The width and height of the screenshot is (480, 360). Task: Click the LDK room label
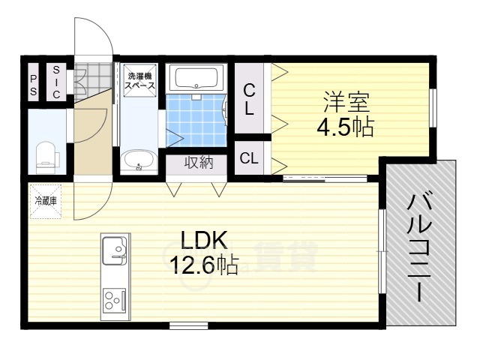point(204,240)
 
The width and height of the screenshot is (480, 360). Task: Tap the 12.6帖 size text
point(204,265)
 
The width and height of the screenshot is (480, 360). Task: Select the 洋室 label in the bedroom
point(346,102)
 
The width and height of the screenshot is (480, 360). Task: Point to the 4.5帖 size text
point(345,127)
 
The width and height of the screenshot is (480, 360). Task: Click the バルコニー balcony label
point(419,246)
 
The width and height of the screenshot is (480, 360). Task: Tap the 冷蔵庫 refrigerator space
point(46,201)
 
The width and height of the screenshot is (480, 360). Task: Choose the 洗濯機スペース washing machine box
point(139,80)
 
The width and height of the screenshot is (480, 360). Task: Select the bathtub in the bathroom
point(196,78)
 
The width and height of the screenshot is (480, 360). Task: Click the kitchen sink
point(114,250)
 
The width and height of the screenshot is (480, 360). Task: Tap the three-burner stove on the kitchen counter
point(114,300)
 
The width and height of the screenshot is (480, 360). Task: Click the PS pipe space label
point(33,85)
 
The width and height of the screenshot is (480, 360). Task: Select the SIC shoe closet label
point(56,82)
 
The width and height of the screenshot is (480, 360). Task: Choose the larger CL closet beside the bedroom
point(249,98)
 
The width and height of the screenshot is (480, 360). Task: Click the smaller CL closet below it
point(249,158)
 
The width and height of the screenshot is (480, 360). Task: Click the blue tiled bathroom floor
point(196,120)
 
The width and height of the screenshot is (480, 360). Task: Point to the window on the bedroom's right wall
point(433,108)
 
